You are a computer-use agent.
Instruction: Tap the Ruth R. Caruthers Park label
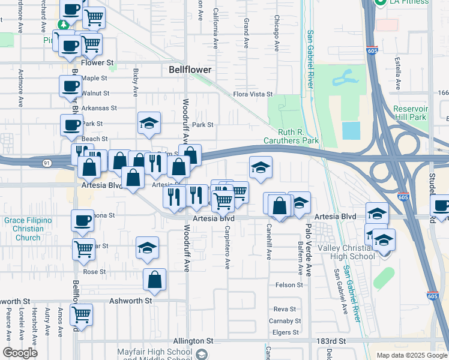pos(291,136)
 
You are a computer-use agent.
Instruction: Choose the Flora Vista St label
pos(253,94)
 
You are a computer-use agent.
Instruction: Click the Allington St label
pos(193,341)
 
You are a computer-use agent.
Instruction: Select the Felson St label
pos(289,285)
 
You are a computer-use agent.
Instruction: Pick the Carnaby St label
pos(286,321)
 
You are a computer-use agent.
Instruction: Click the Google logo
pos(20,353)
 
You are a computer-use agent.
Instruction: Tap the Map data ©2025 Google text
pos(412,355)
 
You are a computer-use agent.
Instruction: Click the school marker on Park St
pos(149,124)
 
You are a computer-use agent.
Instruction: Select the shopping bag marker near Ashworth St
pos(154,280)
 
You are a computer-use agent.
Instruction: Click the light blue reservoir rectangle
pos(351,130)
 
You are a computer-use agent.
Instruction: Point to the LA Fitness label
pos(410,2)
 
